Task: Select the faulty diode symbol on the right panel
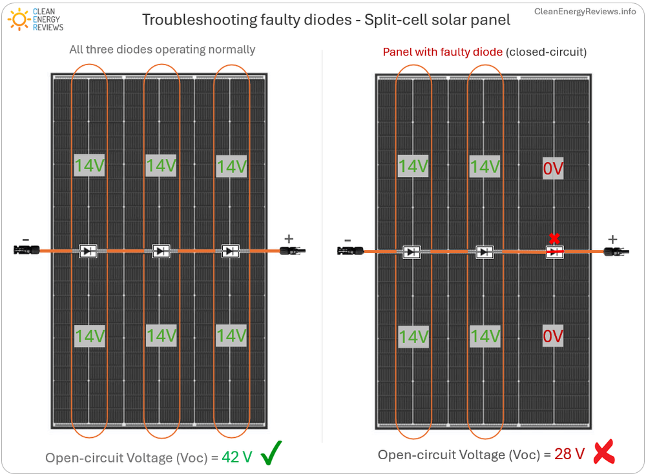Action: coord(554,252)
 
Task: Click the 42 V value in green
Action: coord(236,457)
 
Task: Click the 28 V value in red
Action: coord(569,454)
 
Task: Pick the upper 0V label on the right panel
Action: coord(553,169)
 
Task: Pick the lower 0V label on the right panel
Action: coord(553,336)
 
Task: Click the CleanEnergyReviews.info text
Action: coord(585,12)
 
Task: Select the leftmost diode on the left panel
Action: coord(89,251)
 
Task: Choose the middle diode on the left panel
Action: coord(161,251)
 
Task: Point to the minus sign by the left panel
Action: coord(25,240)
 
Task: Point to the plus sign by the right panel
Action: coord(612,240)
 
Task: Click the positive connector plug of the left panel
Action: coord(291,251)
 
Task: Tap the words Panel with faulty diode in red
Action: coord(443,52)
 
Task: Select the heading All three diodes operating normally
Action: coord(162,50)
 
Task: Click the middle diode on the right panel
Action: coord(484,252)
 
